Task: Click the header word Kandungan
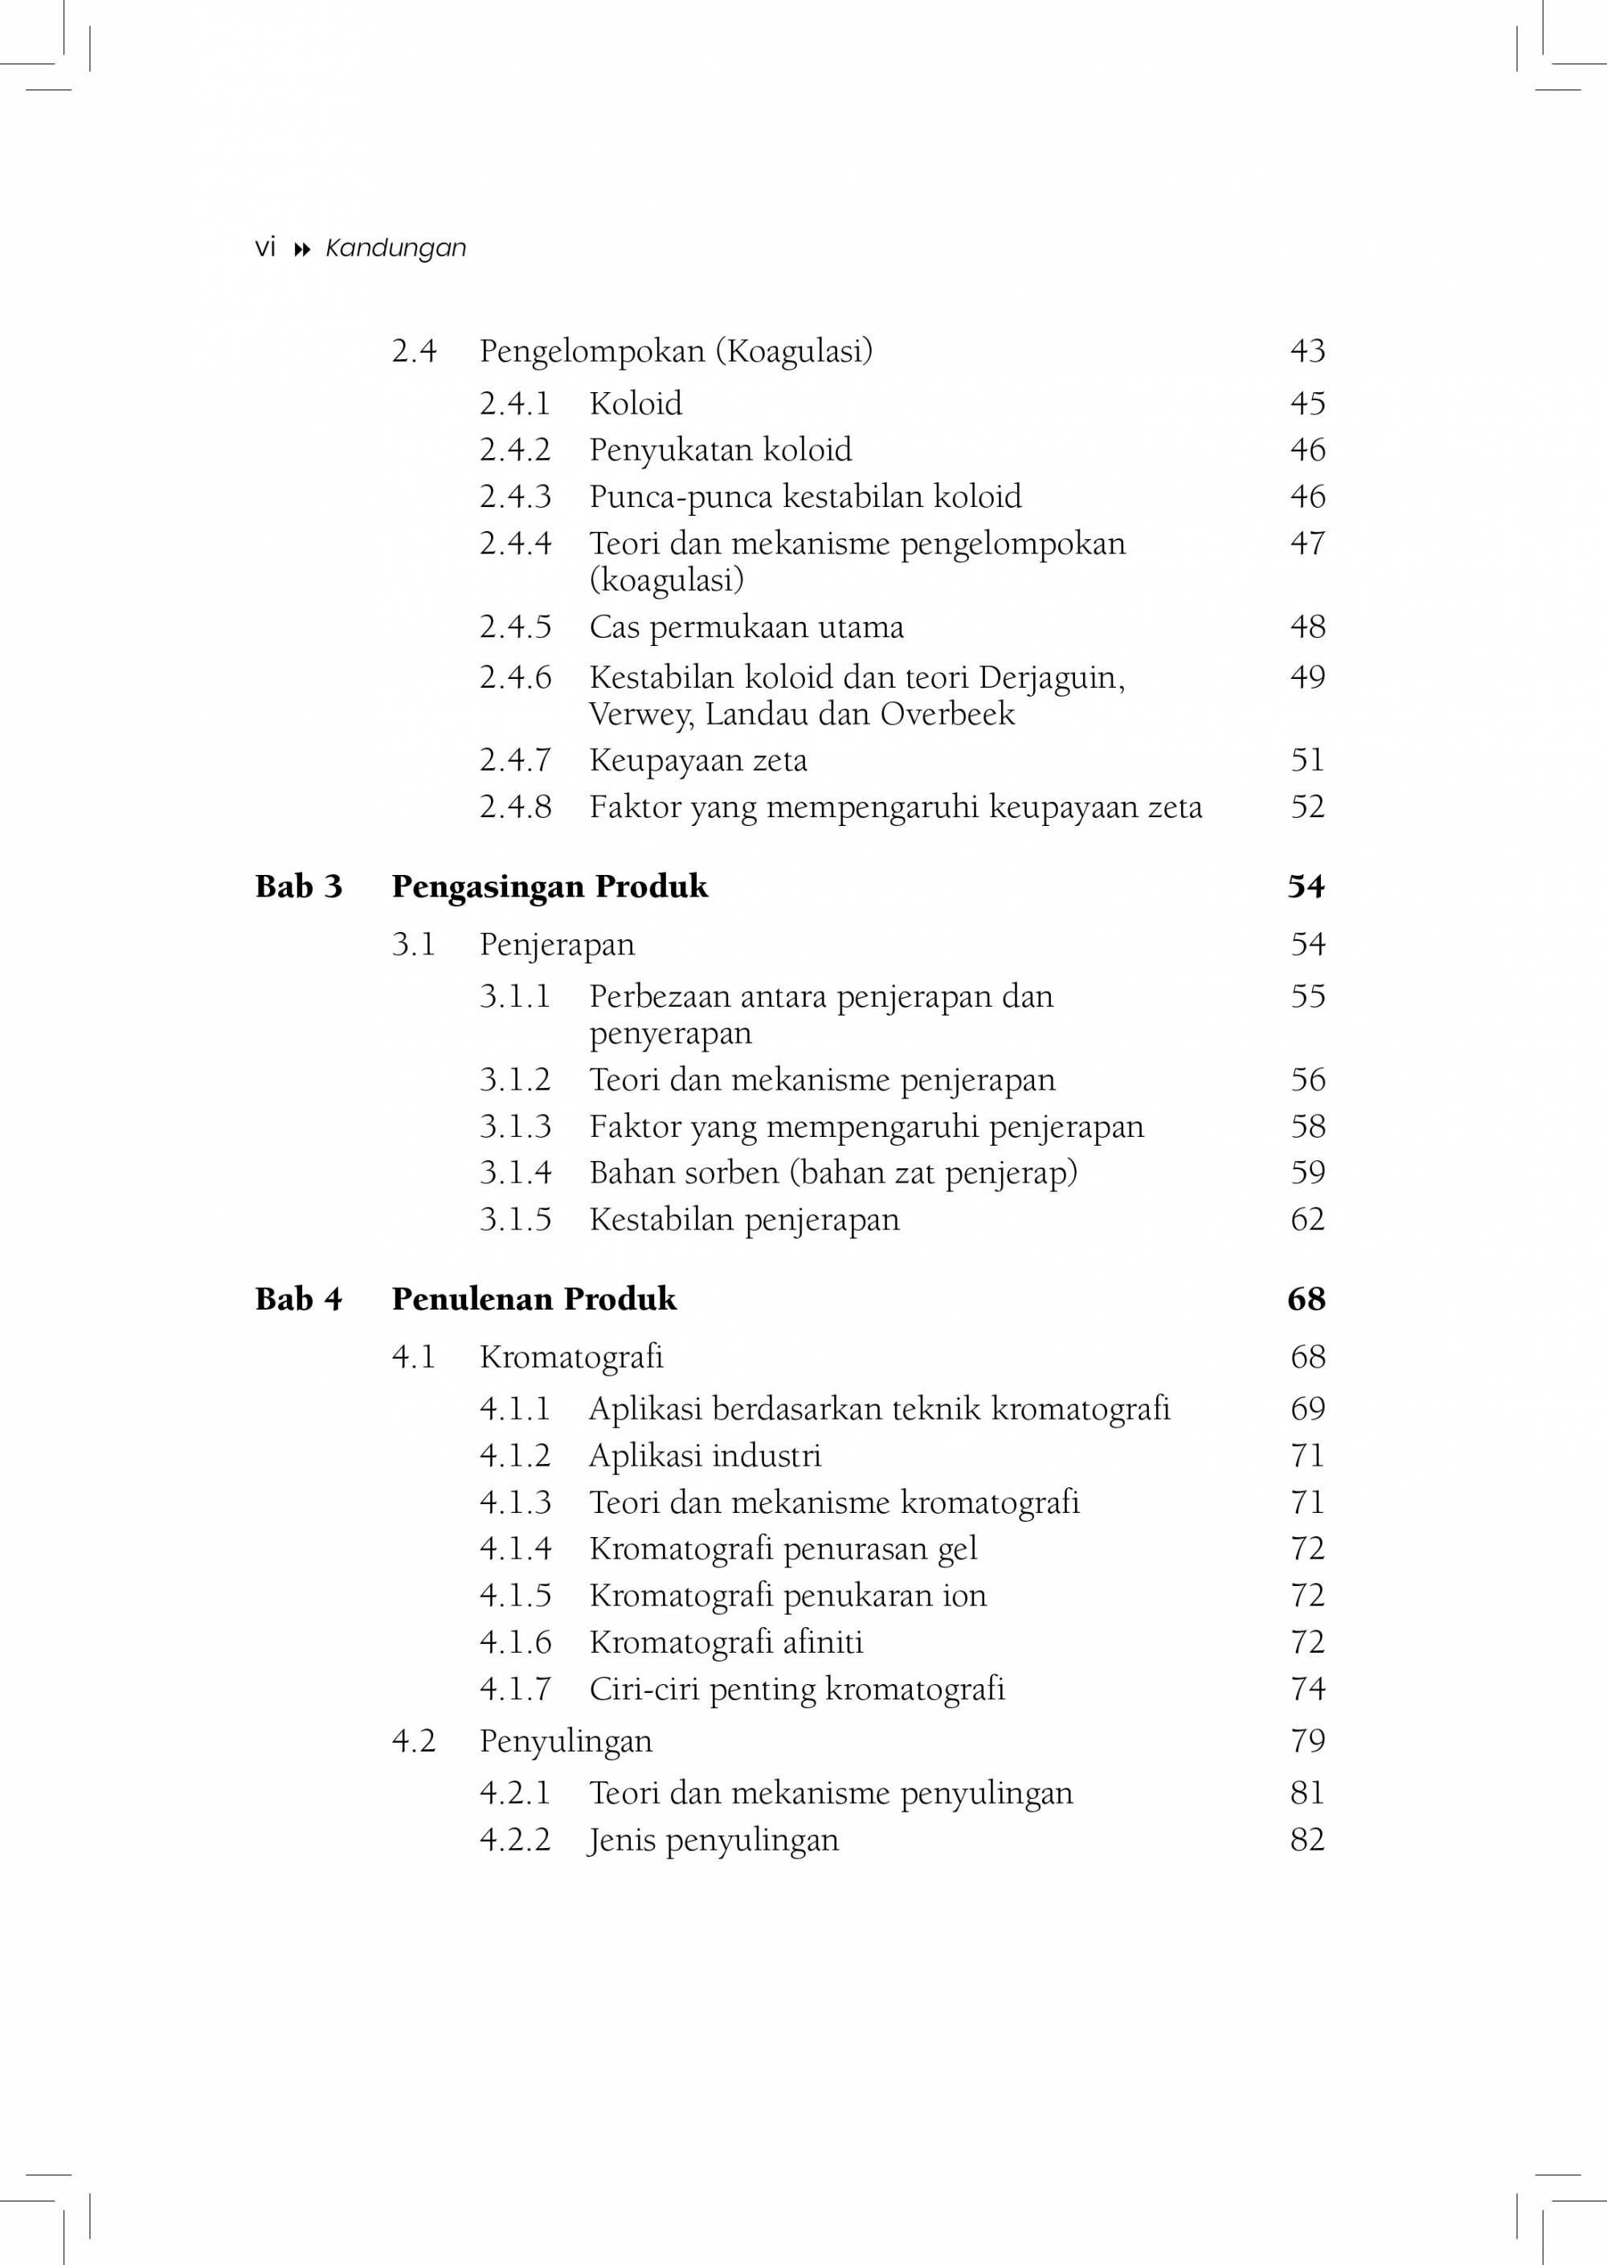click(396, 248)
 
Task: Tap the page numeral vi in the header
click(265, 247)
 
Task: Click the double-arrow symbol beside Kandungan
click(303, 249)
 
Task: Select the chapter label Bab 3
click(299, 886)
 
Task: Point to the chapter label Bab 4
click(299, 1299)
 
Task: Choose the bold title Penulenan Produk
click(534, 1299)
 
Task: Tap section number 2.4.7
click(516, 760)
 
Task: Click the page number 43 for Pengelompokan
click(1307, 350)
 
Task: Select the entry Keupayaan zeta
click(697, 760)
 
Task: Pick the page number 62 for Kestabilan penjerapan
click(1307, 1219)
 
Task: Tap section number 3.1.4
click(516, 1172)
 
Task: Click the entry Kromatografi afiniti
click(726, 1642)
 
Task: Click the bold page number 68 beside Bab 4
click(1306, 1299)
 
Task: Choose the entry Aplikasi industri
click(705, 1456)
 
